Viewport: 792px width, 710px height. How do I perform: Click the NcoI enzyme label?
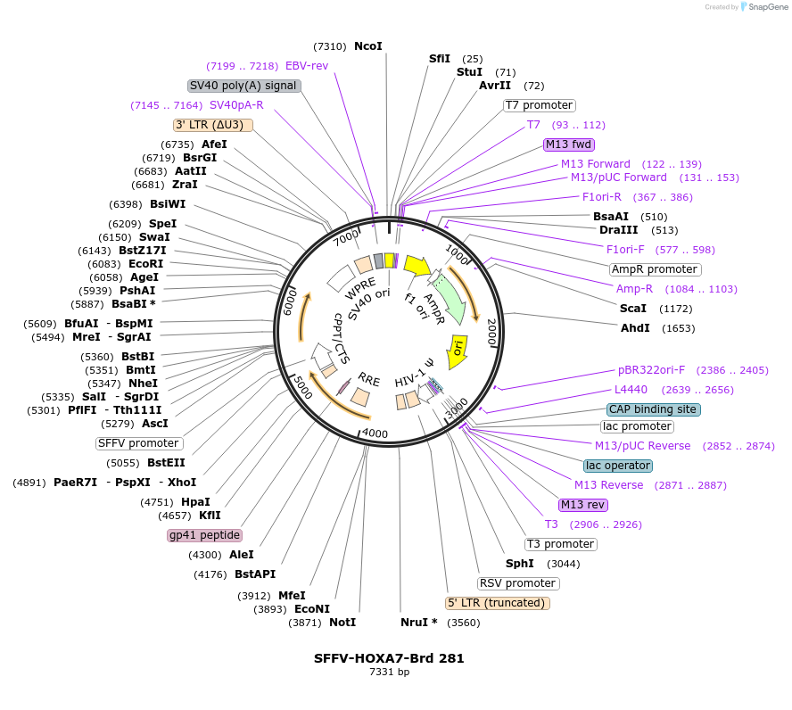click(367, 45)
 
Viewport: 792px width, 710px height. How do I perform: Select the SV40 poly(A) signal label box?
click(243, 86)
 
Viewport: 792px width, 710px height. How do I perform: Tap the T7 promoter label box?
click(539, 105)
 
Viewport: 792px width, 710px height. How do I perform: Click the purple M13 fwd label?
click(569, 144)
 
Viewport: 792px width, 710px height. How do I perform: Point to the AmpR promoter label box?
click(655, 269)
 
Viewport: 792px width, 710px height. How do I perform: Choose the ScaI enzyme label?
click(632, 309)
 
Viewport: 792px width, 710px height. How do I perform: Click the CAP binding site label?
click(653, 409)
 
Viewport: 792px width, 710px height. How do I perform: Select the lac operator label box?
click(618, 466)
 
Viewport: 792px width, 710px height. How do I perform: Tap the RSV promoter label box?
click(518, 583)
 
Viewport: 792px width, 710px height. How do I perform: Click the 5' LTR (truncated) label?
click(498, 603)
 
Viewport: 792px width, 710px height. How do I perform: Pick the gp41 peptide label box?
click(204, 535)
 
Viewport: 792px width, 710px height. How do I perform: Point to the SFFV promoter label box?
click(139, 443)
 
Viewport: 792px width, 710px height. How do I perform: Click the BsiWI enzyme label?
click(168, 204)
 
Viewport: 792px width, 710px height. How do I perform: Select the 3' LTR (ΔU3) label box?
click(213, 125)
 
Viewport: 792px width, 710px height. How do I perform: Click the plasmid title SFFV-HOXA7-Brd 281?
click(389, 658)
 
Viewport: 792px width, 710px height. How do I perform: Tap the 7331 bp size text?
click(389, 673)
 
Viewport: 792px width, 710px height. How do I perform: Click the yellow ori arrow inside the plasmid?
click(457, 347)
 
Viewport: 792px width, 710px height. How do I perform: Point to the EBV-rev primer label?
click(307, 66)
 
